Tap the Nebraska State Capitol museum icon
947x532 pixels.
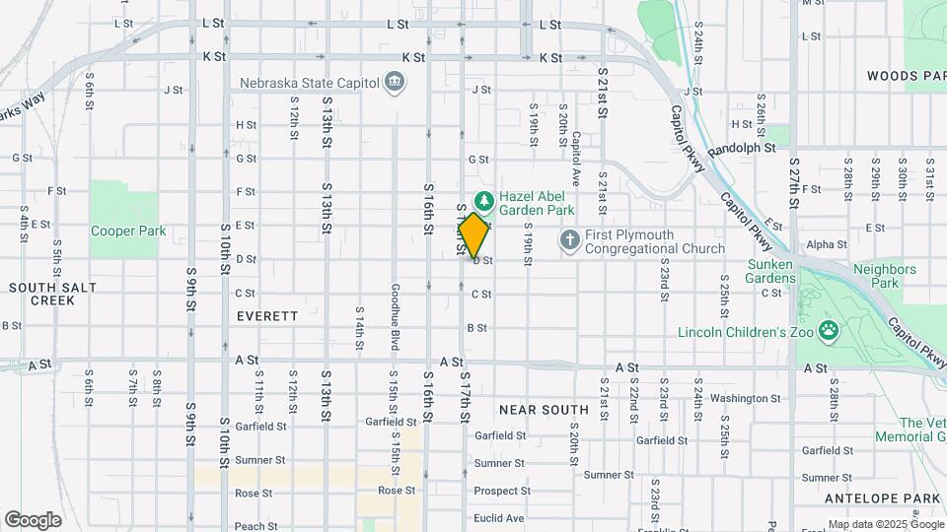pyautogui.click(x=395, y=82)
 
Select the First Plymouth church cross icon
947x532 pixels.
pyautogui.click(x=569, y=240)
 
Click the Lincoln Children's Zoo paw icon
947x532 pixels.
pyautogui.click(x=829, y=331)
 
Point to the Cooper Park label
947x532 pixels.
pyautogui.click(x=128, y=232)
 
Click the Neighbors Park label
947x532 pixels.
pyautogui.click(x=885, y=275)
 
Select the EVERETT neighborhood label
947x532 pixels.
pyautogui.click(x=267, y=316)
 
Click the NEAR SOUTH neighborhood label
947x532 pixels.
pyautogui.click(x=544, y=408)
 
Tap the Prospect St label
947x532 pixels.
pyautogui.click(x=502, y=491)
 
